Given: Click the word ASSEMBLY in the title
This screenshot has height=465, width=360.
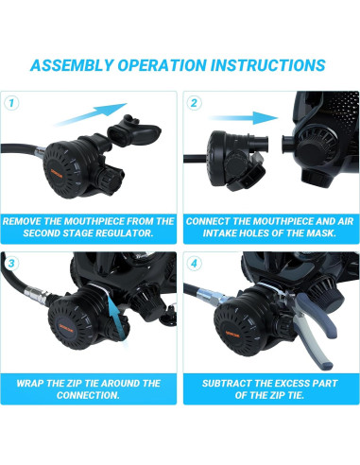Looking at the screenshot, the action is coord(71,65).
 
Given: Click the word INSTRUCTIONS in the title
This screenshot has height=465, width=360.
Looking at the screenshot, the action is coord(267,65).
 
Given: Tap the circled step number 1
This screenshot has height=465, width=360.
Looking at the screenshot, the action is coord(11,103).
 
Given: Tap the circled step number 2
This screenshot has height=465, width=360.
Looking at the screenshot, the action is coord(194,103).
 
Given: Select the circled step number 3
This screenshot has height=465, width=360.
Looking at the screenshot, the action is coord(11,263).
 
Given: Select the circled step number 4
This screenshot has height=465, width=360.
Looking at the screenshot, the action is coord(194,263).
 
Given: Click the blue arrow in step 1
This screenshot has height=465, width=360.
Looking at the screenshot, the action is coord(91,114).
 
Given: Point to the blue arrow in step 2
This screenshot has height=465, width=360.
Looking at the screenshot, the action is coord(243,118).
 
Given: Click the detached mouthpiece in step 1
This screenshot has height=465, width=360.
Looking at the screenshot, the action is coord(134,132).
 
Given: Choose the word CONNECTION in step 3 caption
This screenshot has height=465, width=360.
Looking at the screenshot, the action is coord(88,395).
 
